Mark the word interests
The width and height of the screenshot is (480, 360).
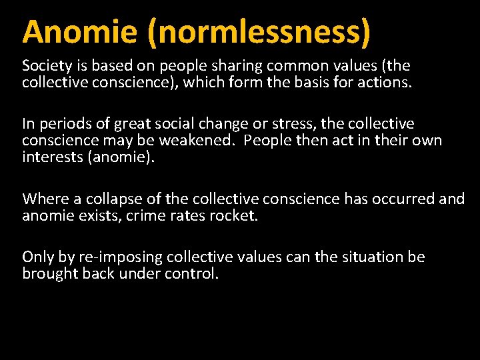[50, 157]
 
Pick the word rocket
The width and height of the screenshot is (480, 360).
[231, 215]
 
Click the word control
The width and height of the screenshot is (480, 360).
[193, 274]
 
